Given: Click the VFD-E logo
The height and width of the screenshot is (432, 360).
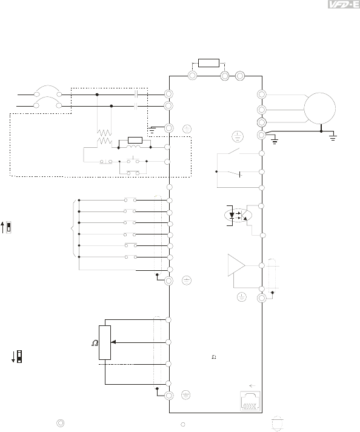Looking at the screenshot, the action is pos(344,4).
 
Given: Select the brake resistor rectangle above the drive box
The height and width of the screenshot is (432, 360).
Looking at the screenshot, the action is pos(208,63).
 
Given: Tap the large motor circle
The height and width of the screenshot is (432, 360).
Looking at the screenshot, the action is pos(320,108).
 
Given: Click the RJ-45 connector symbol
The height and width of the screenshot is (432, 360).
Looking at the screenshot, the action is pos(250,401).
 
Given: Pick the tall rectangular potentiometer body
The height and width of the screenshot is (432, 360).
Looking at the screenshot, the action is pos(105,342).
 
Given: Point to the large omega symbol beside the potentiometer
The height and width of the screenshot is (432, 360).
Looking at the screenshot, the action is pos(95,343).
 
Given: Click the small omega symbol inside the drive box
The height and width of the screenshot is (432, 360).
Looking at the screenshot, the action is pos(213,357).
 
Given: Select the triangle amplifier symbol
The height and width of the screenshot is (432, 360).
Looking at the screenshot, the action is pos(236,265).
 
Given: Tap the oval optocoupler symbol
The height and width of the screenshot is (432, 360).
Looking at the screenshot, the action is pos(238,215).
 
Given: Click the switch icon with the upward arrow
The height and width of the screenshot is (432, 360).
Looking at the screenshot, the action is pos(7,227).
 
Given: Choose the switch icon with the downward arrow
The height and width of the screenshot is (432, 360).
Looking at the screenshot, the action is pos(17,356).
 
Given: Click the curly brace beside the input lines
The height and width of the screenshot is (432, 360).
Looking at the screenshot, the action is pos(73,228).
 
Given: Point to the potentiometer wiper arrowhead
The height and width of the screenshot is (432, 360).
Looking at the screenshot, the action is pos(113,342).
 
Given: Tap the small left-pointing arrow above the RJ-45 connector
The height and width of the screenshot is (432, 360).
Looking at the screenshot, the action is pos(252,386).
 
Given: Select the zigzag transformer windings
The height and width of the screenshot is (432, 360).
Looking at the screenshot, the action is pos(104,137).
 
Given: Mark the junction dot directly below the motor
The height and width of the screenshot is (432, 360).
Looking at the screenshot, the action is pos(321,131).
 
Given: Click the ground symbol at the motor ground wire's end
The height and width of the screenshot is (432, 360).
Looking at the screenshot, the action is pos(333,138).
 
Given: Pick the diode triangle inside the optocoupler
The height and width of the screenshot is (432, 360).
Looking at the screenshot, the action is pos(232,215).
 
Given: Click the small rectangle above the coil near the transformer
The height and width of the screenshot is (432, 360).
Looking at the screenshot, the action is pos(135,140).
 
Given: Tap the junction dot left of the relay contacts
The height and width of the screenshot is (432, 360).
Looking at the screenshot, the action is pos(216,171).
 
